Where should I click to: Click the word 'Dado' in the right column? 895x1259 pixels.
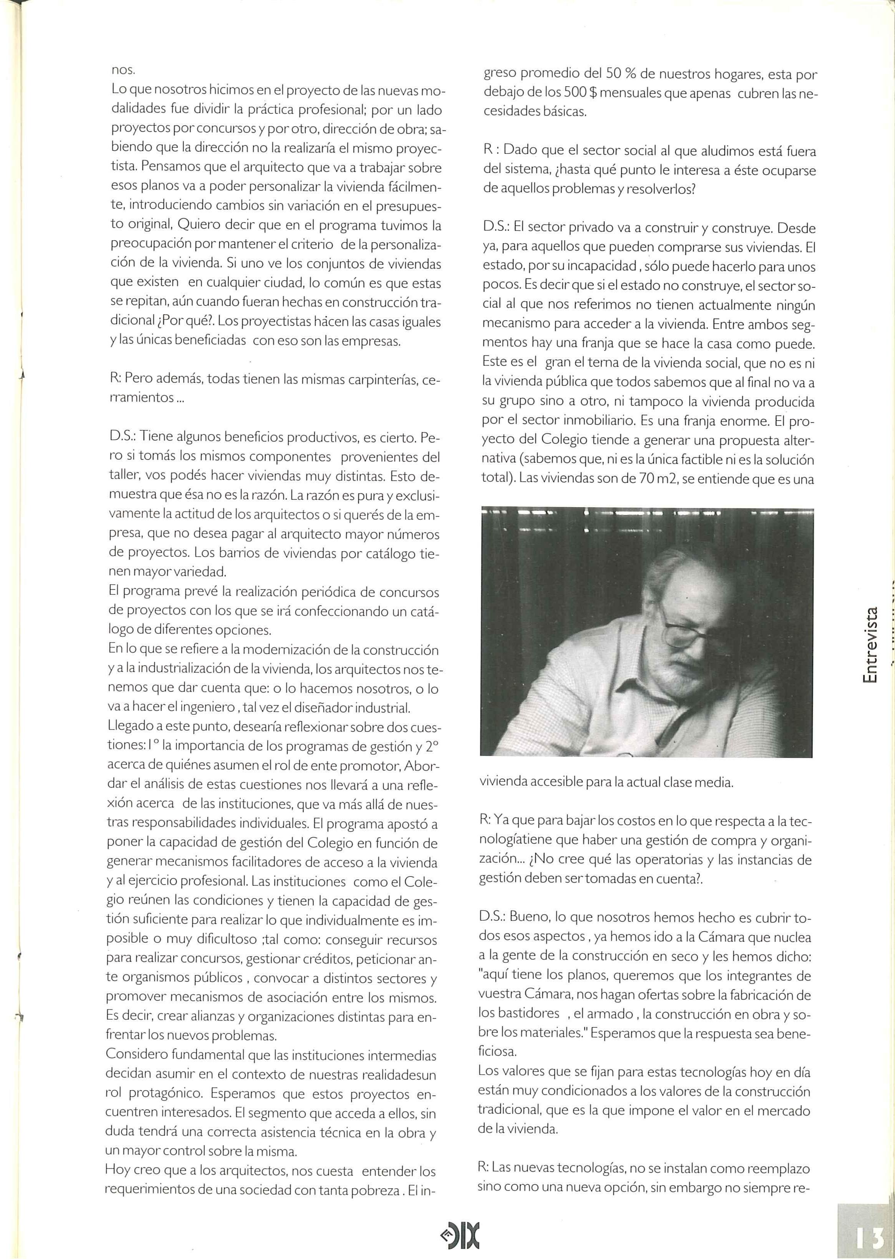tap(520, 150)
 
